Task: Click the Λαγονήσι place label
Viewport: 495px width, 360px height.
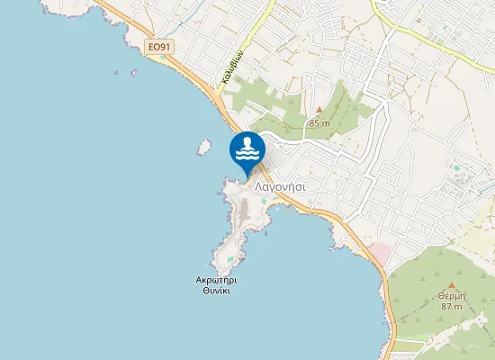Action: point(281,186)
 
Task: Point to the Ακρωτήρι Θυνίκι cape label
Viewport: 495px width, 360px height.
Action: point(216,285)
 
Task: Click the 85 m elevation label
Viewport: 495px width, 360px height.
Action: point(319,122)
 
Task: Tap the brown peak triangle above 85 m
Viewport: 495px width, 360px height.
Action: point(319,110)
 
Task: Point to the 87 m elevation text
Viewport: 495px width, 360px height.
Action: point(451,307)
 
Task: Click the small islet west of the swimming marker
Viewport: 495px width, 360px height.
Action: point(205,145)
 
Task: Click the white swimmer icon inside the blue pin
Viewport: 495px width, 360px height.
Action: point(247,148)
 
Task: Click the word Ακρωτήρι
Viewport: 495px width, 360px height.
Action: point(216,280)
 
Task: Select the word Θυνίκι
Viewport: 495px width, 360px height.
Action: point(216,292)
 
